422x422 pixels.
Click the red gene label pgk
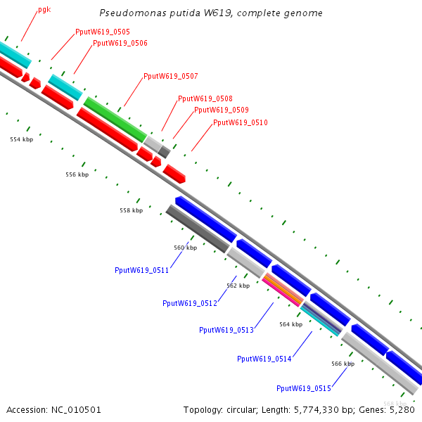pos(44,11)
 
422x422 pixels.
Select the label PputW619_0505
pos(102,32)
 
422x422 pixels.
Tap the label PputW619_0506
pos(120,44)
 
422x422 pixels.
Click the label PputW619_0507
pos(171,76)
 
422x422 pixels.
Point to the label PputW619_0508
pos(205,99)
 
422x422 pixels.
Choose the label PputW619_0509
pos(222,110)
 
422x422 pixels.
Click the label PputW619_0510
pos(241,123)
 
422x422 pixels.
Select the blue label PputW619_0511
pos(141,270)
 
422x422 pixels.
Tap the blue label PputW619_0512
pos(189,303)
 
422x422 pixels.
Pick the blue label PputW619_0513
pos(226,330)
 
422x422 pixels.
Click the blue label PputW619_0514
pos(264,359)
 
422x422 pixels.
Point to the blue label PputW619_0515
pos(303,388)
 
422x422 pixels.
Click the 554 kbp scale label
pos(21,140)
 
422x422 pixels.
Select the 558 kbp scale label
pos(131,210)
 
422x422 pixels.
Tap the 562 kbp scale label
pos(238,286)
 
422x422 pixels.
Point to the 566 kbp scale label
pos(343,364)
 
